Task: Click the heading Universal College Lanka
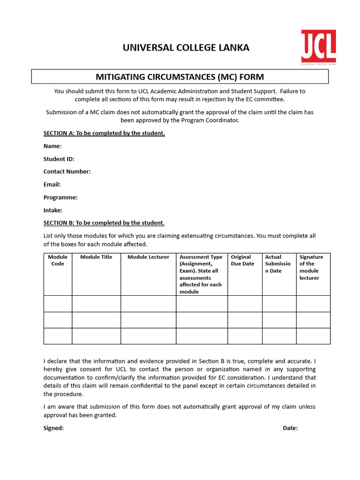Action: pos(186,47)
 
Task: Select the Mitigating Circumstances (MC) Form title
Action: pos(180,76)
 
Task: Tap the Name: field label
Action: pos(52,146)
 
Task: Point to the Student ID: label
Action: pos(59,159)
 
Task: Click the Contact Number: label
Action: pos(67,172)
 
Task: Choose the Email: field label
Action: pos(52,185)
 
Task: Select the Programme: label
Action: pos(60,197)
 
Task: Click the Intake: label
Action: pos(53,210)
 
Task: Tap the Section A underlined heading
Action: pos(104,133)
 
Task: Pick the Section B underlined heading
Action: pos(104,223)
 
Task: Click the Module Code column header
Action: pos(58,261)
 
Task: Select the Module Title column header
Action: pos(96,257)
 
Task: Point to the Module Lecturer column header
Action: pos(148,257)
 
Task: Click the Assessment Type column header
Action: pos(201,274)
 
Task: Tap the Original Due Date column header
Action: pos(242,261)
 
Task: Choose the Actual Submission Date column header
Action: pos(277,264)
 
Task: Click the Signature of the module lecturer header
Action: pos(311,267)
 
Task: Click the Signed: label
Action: pos(53,428)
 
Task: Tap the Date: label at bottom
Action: pos(290,428)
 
